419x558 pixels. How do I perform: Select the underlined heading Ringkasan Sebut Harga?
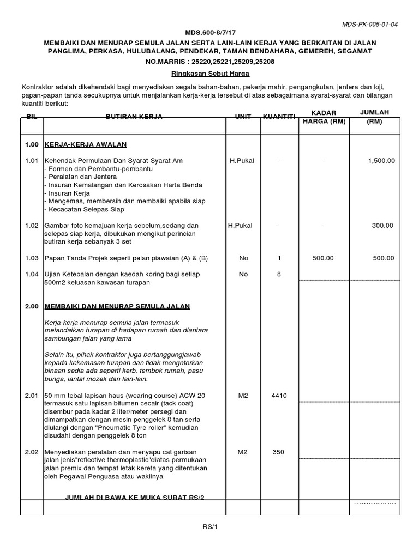209,73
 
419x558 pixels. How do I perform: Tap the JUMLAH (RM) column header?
375,117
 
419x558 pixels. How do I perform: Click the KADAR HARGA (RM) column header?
324,117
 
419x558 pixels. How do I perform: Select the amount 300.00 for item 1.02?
384,226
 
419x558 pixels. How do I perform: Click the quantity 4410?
278,395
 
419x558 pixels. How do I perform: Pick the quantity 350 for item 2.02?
278,452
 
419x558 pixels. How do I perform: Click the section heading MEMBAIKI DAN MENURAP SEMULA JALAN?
117,307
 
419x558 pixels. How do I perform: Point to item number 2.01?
32,395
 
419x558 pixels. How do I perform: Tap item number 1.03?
32,258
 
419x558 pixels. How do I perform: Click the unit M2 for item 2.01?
243,395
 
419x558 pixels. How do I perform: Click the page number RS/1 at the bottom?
209,527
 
